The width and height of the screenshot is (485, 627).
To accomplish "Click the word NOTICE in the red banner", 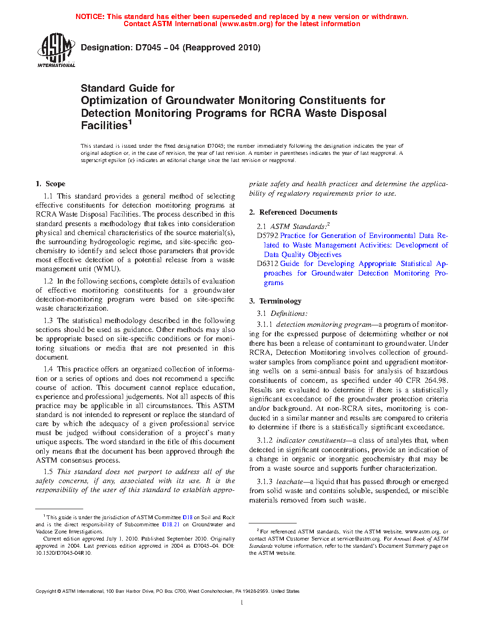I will coord(90,17).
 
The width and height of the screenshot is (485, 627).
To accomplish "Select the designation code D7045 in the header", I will coord(148,47).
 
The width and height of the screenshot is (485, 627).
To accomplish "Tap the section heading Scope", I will coord(55,184).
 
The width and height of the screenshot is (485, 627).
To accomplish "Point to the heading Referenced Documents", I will coord(298,212).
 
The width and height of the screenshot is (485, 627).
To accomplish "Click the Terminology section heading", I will coord(280,301).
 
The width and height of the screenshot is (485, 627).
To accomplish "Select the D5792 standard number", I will coord(267,236).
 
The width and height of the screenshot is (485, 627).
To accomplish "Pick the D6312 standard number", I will coord(267,264).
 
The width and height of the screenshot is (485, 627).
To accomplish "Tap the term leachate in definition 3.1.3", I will coord(290,482).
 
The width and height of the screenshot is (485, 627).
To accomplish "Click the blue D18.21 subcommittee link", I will coord(171,524).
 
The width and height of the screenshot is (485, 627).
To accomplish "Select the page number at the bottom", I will coord(242,603).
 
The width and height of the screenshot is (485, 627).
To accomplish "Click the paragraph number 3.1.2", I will coord(265,440).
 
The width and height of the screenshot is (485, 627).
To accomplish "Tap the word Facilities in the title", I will coord(104,125).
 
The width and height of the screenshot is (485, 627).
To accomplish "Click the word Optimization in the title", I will coord(121,101).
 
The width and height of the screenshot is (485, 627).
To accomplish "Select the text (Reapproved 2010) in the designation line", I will coord(222,47).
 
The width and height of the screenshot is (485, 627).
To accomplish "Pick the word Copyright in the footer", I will coord(46,591).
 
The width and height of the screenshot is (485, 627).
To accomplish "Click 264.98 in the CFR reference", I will coord(436,380).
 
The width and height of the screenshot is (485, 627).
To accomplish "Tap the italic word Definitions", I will coord(289,313).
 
